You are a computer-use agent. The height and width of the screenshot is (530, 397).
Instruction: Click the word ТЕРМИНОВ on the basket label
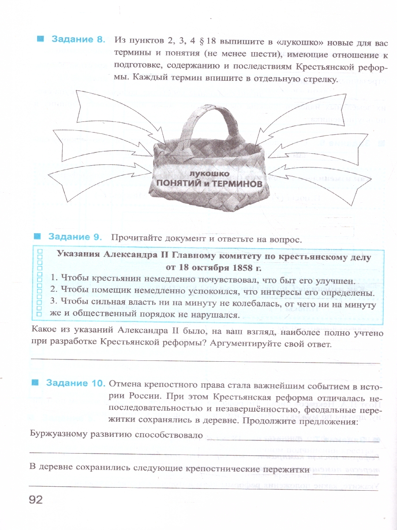[236, 183]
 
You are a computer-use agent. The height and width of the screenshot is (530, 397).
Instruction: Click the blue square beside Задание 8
[41, 39]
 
